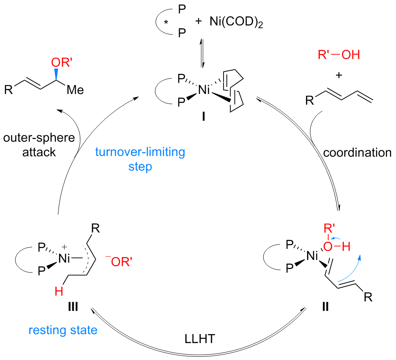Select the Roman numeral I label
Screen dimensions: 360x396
[x=203, y=118]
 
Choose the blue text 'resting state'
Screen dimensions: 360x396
[x=63, y=330]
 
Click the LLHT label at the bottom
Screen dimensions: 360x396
[x=200, y=337]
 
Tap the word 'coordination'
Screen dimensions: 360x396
[x=358, y=153]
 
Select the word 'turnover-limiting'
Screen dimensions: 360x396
[x=140, y=153]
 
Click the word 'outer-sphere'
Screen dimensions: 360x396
[x=39, y=138]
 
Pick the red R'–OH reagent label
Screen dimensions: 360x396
[x=339, y=54]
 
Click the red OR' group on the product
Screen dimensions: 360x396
[x=62, y=63]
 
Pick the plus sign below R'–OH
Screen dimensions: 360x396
[x=339, y=75]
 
